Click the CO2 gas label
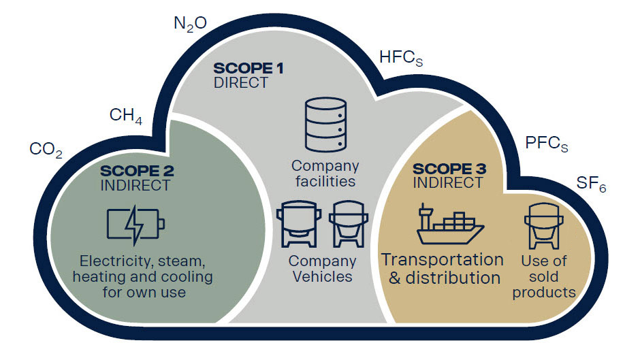[46, 150]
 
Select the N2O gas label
[190, 26]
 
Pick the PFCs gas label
[546, 144]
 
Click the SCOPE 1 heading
[248, 68]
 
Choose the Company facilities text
[325, 174]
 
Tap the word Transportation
[442, 259]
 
